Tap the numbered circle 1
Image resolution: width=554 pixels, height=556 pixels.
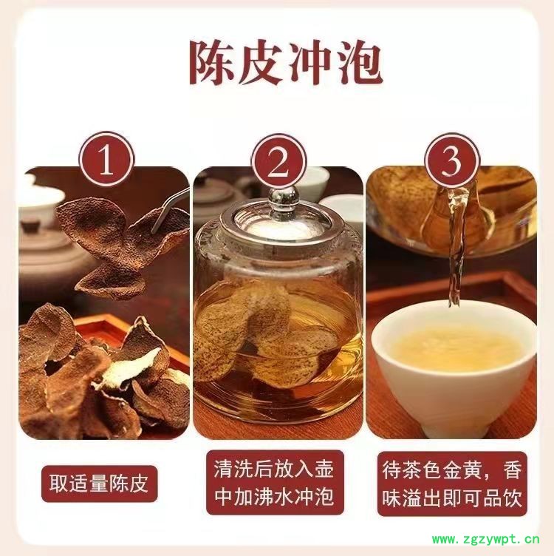(x=106, y=160)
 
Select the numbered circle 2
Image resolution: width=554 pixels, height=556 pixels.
(x=278, y=162)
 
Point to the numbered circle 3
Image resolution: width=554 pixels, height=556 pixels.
(x=451, y=161)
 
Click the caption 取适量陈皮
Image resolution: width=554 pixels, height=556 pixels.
(x=99, y=484)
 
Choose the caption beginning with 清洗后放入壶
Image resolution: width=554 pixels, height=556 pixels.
(x=275, y=483)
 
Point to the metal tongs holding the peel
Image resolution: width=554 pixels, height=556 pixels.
(x=171, y=210)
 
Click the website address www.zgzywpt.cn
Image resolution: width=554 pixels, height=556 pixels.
(x=485, y=539)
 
